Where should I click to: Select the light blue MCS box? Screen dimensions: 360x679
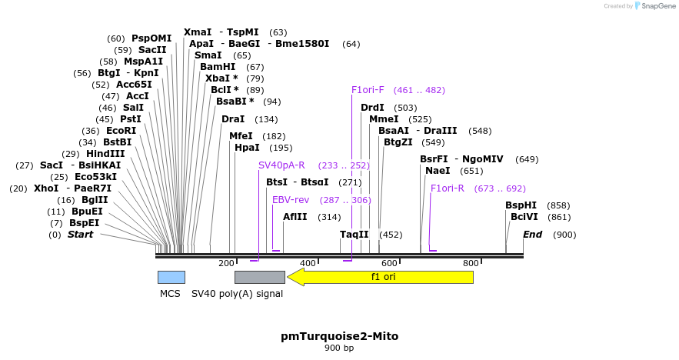pos(171,277)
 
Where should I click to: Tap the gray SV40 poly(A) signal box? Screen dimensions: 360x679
pos(259,277)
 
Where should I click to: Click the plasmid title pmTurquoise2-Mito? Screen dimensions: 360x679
pos(339,336)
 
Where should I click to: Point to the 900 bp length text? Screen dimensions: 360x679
pos(339,348)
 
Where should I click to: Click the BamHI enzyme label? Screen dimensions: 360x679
pos(218,67)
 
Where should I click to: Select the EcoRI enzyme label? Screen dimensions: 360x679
pos(121,131)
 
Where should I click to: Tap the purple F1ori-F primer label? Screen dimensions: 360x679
pos(368,90)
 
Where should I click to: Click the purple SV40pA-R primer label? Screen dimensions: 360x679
pos(281,165)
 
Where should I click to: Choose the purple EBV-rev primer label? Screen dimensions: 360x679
pos(291,200)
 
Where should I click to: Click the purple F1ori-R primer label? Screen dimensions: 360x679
pos(448,188)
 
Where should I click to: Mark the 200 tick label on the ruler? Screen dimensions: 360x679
pos(226,264)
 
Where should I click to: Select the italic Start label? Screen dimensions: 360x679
pos(80,235)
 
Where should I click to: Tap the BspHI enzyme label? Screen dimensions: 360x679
pos(521,205)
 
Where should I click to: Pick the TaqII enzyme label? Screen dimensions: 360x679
pos(354,235)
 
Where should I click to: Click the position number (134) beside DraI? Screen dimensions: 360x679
pos(266,119)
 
